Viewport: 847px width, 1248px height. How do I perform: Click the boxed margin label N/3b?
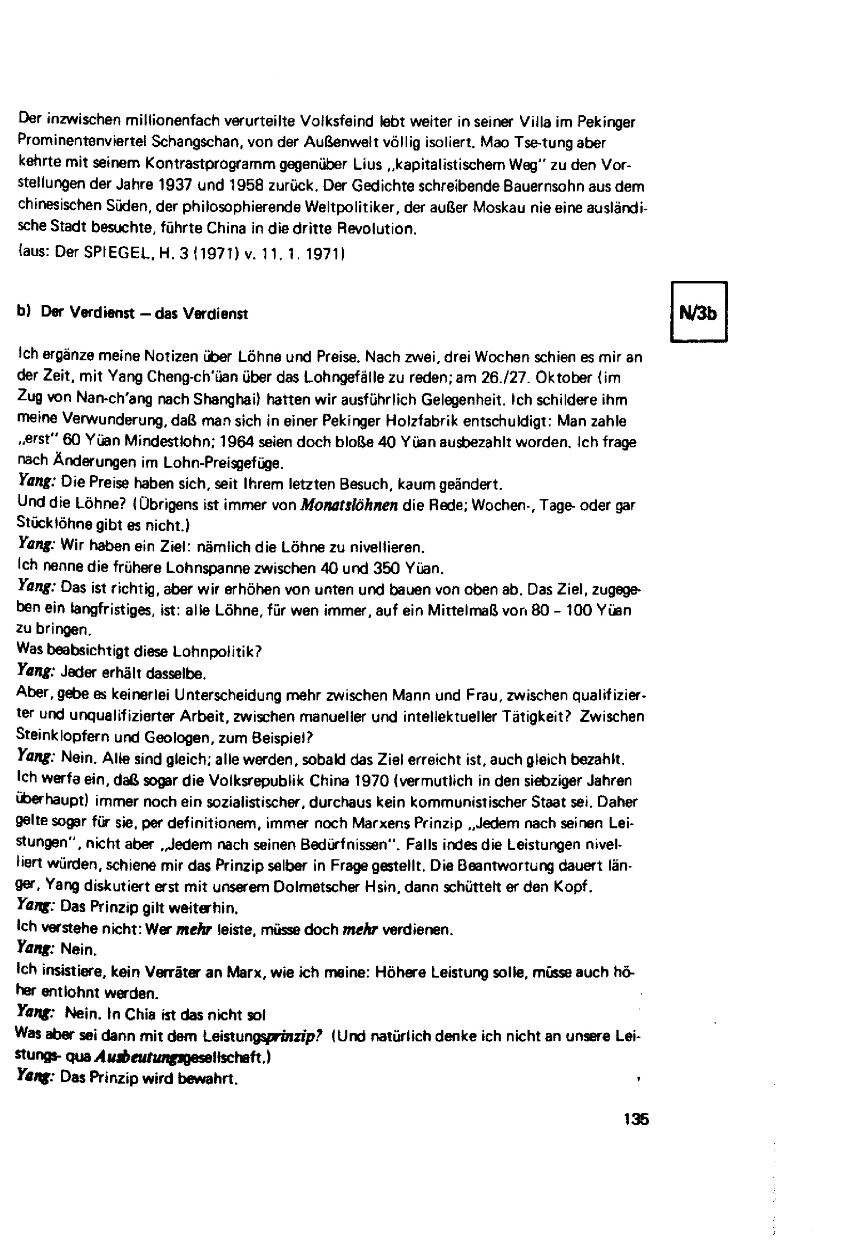pos(699,312)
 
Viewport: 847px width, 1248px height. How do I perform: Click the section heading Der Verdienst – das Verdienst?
pos(144,314)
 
